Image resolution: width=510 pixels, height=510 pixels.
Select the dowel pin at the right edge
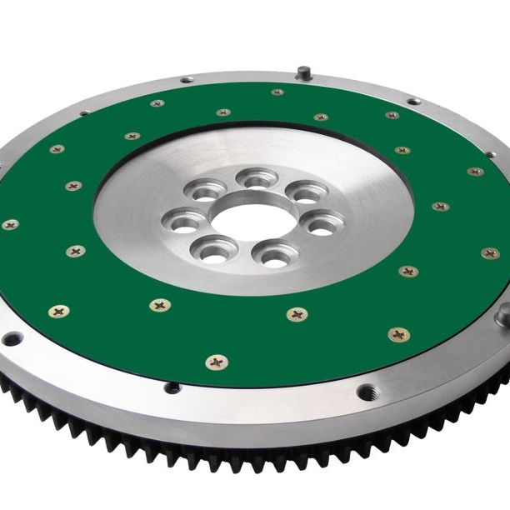click(x=503, y=314)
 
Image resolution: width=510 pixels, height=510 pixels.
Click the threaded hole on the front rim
click(x=368, y=391)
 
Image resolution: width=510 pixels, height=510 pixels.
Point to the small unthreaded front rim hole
click(x=172, y=387)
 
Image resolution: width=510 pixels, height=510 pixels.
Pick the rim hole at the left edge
click(x=12, y=338)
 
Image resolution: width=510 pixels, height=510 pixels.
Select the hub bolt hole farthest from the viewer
click(x=256, y=177)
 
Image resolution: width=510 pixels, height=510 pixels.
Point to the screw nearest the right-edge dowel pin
click(x=490, y=253)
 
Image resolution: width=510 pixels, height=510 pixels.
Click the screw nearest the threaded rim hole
click(x=399, y=335)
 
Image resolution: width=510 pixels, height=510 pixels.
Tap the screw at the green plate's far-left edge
click(x=10, y=224)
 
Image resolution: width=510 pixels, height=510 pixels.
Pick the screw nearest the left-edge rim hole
click(x=59, y=312)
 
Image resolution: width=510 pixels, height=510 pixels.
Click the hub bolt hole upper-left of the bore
click(x=205, y=192)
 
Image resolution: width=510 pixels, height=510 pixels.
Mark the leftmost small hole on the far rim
click(x=85, y=112)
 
